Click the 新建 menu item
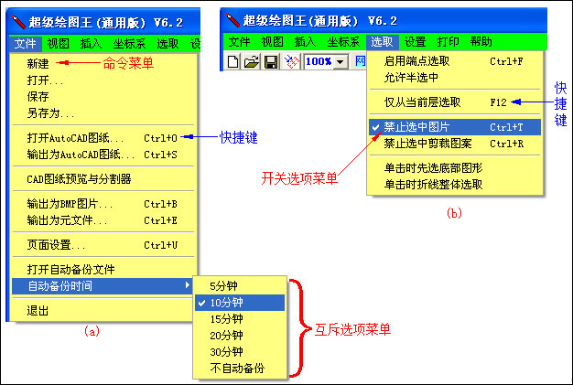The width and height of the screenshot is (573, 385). pyautogui.click(x=38, y=63)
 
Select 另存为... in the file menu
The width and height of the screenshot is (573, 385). pyautogui.click(x=50, y=113)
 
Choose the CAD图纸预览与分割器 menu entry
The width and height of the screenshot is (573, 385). pyautogui.click(x=79, y=179)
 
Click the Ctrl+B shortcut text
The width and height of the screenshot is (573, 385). pyautogui.click(x=160, y=204)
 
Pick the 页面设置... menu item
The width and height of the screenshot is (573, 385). pyautogui.click(x=56, y=245)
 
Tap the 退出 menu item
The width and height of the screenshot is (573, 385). pyautogui.click(x=38, y=311)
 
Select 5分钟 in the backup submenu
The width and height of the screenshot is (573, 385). pyautogui.click(x=223, y=285)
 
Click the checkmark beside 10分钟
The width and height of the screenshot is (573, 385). pyautogui.click(x=201, y=303)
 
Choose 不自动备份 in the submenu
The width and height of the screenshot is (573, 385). pyautogui.click(x=237, y=369)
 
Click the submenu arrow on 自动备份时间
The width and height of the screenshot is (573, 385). pyautogui.click(x=188, y=284)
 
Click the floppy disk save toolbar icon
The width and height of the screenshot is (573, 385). pyautogui.click(x=270, y=61)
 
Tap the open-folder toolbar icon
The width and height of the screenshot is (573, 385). pyautogui.click(x=252, y=61)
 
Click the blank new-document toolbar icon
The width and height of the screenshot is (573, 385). pyautogui.click(x=233, y=61)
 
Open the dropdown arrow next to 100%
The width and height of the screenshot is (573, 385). pyautogui.click(x=341, y=61)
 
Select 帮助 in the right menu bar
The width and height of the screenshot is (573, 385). pyautogui.click(x=481, y=41)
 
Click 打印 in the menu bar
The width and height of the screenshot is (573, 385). pyautogui.click(x=448, y=41)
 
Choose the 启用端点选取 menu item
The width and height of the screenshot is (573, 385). pyautogui.click(x=416, y=61)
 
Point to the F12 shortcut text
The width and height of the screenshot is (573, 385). pyautogui.click(x=499, y=102)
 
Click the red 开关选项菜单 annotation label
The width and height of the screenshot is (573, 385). pyautogui.click(x=299, y=178)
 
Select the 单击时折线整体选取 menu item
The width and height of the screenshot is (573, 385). pyautogui.click(x=433, y=185)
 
